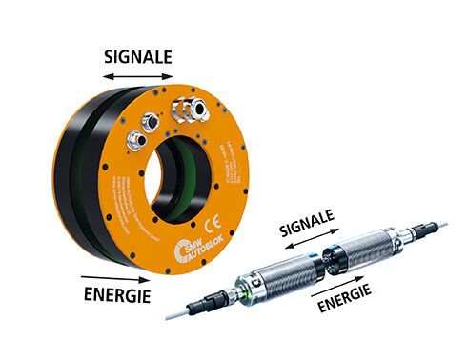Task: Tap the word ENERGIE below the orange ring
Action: (x=114, y=295)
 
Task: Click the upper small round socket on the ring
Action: (x=151, y=122)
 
